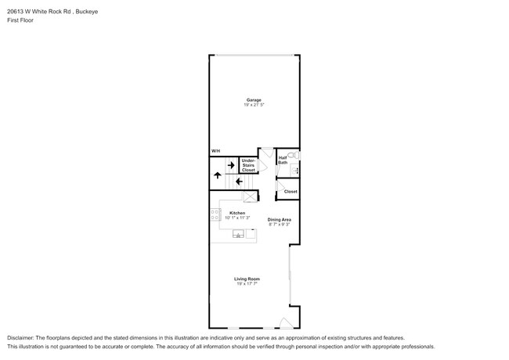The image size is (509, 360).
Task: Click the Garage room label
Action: pyautogui.click(x=254, y=100)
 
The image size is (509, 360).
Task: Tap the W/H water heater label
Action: pyautogui.click(x=215, y=151)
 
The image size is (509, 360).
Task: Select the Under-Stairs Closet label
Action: pyautogui.click(x=248, y=165)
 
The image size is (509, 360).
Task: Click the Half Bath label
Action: pyautogui.click(x=283, y=160)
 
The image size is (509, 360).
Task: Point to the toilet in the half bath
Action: pyautogui.click(x=294, y=155)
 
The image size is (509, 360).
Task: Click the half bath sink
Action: pyautogui.click(x=294, y=170)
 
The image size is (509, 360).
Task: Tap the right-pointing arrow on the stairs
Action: pyautogui.click(x=231, y=165)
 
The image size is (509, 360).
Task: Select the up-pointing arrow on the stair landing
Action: pyautogui.click(x=218, y=175)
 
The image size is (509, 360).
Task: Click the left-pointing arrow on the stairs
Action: pyautogui.click(x=240, y=182)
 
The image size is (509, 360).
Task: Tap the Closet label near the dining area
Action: pyautogui.click(x=291, y=192)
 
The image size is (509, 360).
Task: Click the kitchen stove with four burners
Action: pyautogui.click(x=215, y=214)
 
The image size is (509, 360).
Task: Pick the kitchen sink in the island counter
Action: pyautogui.click(x=238, y=233)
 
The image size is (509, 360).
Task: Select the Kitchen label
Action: pyautogui.click(x=237, y=213)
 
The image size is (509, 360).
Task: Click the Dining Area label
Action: pyautogui.click(x=280, y=220)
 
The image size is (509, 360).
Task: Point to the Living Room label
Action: pyautogui.click(x=247, y=279)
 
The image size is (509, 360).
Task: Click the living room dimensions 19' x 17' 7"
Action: pyautogui.click(x=247, y=284)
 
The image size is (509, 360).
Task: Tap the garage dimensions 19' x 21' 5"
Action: pyautogui.click(x=254, y=105)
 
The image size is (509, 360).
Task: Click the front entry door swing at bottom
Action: pyautogui.click(x=287, y=322)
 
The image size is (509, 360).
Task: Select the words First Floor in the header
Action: pyautogui.click(x=20, y=20)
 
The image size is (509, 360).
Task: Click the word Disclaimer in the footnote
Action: pyautogui.click(x=20, y=338)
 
